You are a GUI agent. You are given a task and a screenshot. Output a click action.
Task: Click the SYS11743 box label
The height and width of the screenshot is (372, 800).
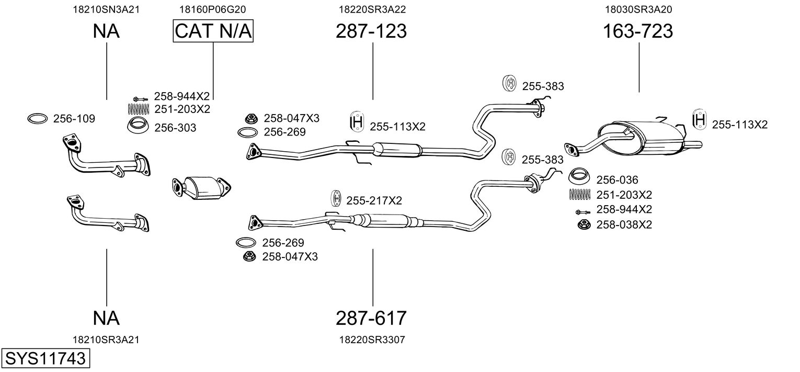45,358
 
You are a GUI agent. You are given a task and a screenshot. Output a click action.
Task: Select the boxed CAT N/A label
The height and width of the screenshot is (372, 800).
213,31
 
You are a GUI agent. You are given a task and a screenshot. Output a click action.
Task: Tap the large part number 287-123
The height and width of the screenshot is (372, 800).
371,31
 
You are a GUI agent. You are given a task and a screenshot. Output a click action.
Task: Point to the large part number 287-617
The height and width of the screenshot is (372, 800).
371,318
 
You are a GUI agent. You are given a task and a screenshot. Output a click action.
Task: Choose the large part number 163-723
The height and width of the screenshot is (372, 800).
638,31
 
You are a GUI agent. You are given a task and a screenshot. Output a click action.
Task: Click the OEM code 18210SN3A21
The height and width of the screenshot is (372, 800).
106,9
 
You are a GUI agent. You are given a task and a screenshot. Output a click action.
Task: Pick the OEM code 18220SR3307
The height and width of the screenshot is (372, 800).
372,340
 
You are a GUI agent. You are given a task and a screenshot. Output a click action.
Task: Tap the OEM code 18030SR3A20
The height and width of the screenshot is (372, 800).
638,9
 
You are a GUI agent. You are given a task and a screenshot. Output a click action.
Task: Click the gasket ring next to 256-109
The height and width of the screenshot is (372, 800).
37,119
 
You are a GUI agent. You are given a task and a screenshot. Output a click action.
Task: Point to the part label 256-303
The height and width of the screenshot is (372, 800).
176,127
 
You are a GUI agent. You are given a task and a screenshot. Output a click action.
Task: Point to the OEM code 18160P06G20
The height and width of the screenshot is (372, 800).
212,9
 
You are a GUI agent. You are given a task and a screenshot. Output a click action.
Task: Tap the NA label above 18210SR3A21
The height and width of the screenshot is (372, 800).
106,318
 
